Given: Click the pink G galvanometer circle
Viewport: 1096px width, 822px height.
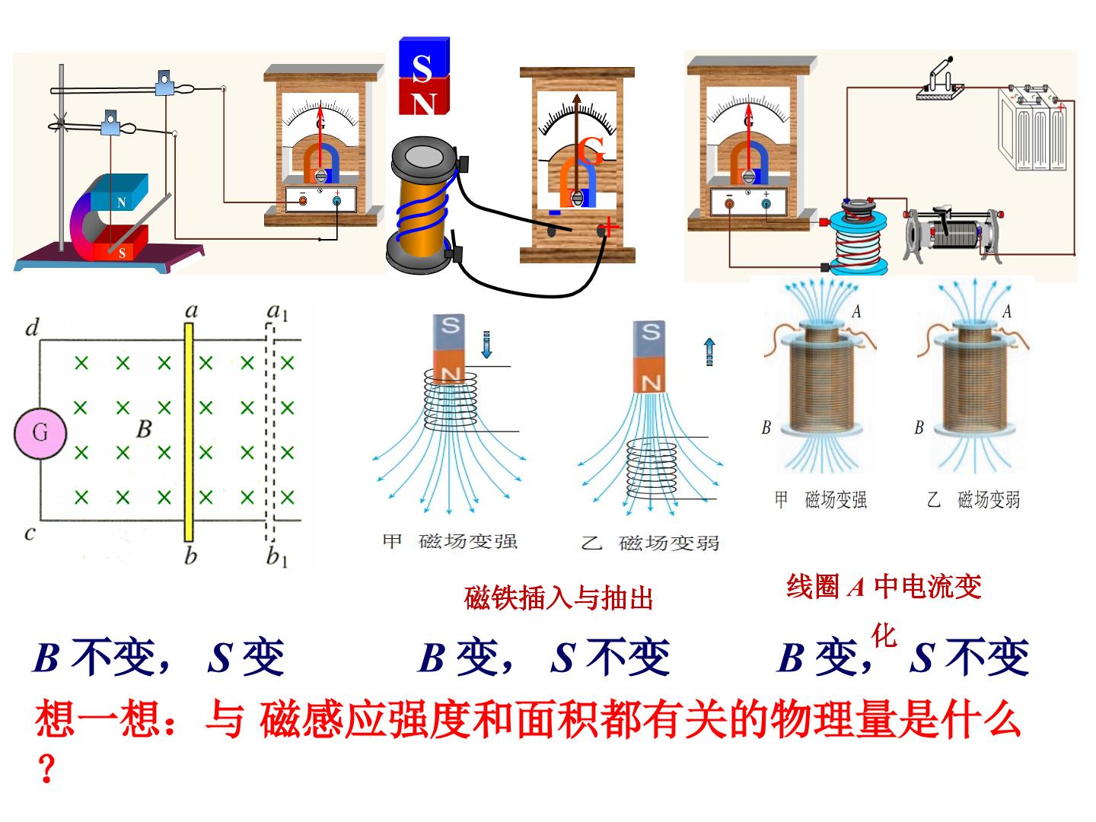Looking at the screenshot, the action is (40, 433).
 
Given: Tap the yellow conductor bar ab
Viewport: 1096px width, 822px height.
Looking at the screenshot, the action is (189, 432).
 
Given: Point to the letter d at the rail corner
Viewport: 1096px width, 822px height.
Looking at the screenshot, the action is (32, 327).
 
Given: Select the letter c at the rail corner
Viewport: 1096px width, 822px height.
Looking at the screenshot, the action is (30, 534).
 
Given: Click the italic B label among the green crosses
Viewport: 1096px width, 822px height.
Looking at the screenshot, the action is (145, 429).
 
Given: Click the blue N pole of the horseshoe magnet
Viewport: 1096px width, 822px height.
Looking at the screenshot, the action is (119, 192).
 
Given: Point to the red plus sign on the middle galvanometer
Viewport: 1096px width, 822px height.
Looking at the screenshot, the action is (608, 227).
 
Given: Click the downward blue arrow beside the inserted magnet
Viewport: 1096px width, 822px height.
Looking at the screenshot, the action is (487, 344).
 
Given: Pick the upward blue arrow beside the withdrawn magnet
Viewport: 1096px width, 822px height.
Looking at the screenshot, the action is (709, 352).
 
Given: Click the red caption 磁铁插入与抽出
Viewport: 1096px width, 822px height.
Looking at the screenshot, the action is (559, 597).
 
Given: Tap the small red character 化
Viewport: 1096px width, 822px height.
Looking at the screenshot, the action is (884, 636).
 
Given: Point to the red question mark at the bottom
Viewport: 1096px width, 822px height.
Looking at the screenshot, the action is (46, 768).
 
